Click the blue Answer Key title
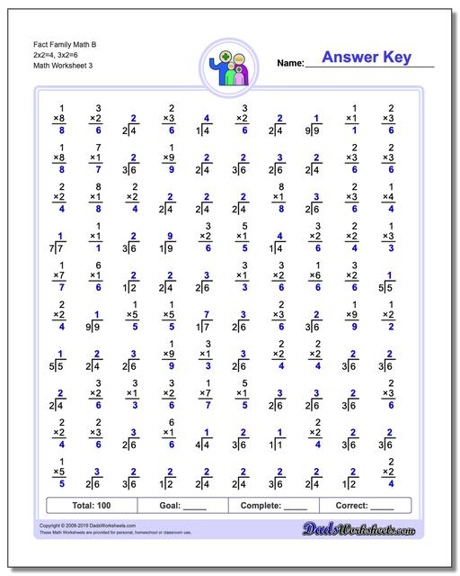(x=366, y=58)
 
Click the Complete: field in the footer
(x=273, y=506)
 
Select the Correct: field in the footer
(x=364, y=506)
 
